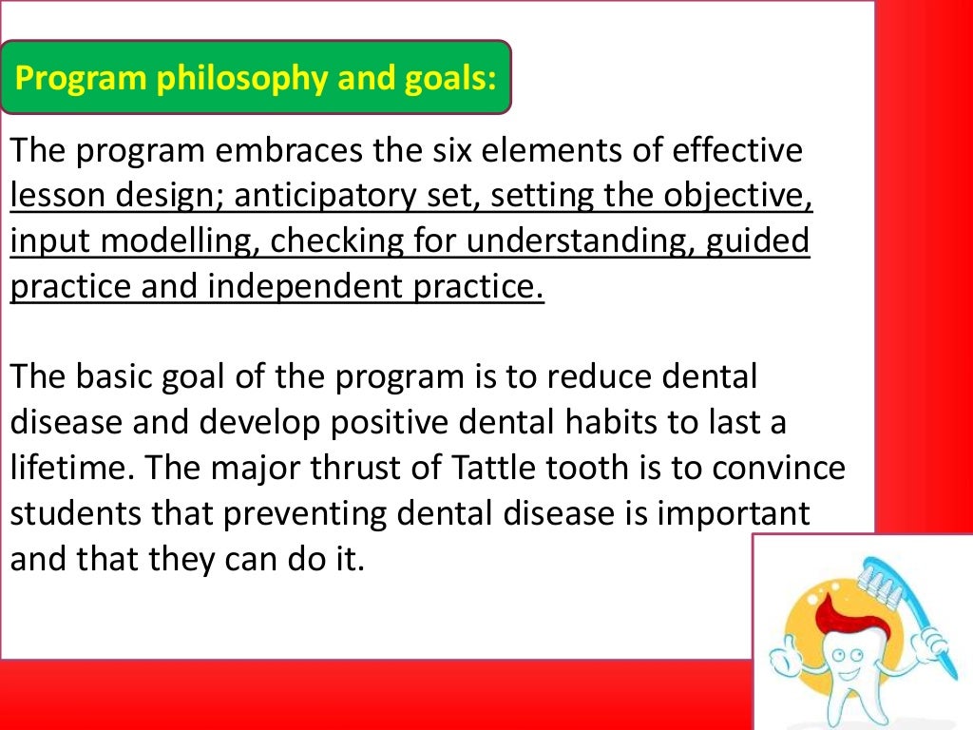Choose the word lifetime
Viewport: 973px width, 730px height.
62,469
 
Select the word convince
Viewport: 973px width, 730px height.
776,469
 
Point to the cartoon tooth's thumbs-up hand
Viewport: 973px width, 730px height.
788,657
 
